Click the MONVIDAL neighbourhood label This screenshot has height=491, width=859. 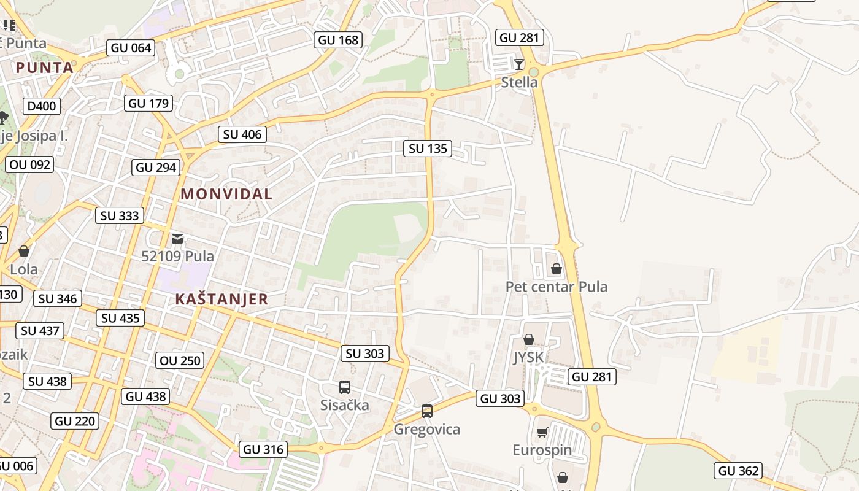226,194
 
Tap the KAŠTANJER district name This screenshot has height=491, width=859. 221,300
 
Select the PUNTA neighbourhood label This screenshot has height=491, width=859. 45,68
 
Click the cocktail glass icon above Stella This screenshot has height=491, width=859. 519,64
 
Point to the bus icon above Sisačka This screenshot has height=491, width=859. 345,387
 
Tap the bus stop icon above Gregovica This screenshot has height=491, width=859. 427,411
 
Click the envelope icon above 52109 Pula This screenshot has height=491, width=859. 177,238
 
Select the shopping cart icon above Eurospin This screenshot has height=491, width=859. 542,433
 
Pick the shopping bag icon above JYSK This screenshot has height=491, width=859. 529,339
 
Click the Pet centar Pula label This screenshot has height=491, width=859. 557,287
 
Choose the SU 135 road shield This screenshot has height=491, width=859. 428,149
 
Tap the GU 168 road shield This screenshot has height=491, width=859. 338,41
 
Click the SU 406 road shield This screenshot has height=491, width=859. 242,135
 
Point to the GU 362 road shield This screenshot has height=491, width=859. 739,471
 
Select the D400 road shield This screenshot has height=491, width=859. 42,106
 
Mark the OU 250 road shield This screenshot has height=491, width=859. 180,360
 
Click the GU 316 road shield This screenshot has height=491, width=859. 263,449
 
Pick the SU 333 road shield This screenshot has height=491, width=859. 120,215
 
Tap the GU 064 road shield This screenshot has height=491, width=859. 131,48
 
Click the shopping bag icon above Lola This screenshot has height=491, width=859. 24,251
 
